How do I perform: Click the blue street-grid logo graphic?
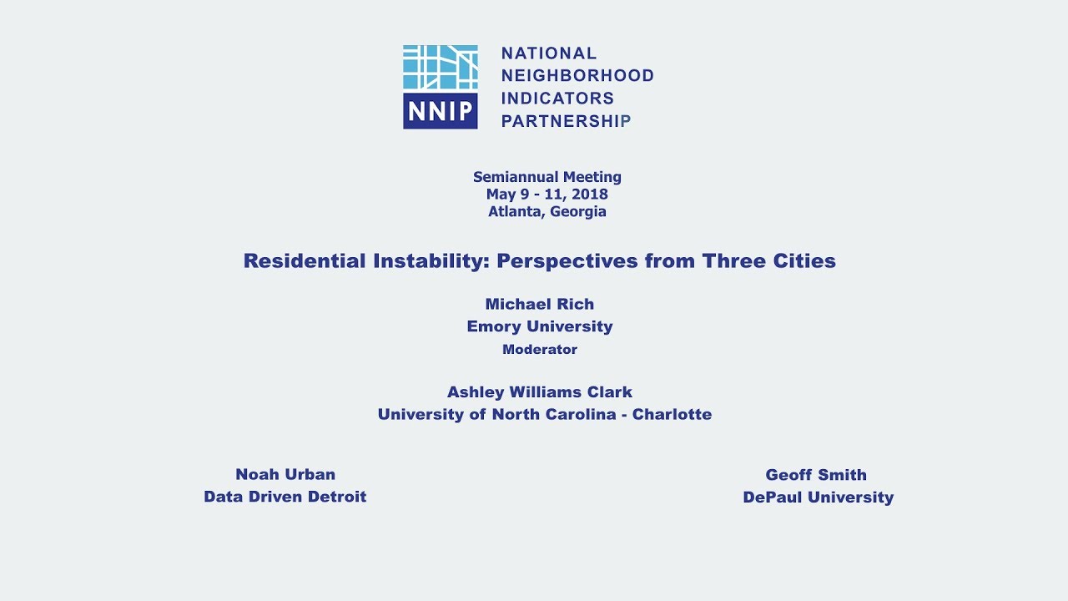tap(441, 68)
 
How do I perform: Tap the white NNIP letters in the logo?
tap(441, 112)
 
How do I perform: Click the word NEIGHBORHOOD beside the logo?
tap(577, 76)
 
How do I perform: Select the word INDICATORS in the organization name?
tap(557, 98)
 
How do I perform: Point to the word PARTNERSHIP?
tap(566, 121)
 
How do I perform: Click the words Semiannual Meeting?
tap(547, 177)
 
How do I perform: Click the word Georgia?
tap(578, 212)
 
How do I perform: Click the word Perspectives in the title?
tap(567, 261)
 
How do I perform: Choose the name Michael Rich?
tap(540, 305)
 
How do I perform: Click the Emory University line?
tap(540, 326)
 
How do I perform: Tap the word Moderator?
tap(540, 350)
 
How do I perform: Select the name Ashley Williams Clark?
tap(540, 392)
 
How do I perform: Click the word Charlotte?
tap(672, 415)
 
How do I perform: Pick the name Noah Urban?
tap(285, 475)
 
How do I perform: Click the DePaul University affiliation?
tap(818, 497)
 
